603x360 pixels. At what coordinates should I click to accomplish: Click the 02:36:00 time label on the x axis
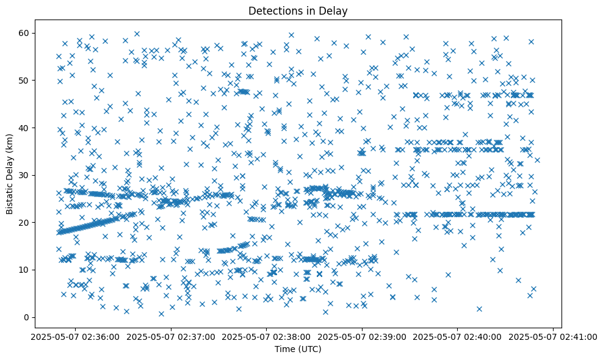click(76, 336)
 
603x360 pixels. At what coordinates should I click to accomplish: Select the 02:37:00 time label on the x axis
click(172, 336)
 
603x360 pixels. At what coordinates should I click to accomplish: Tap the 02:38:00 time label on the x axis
click(267, 336)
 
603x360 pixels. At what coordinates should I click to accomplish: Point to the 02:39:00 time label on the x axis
click(363, 336)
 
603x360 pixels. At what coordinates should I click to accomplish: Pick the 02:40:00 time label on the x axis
click(458, 336)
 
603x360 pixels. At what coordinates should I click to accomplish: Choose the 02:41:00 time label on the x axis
click(554, 336)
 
